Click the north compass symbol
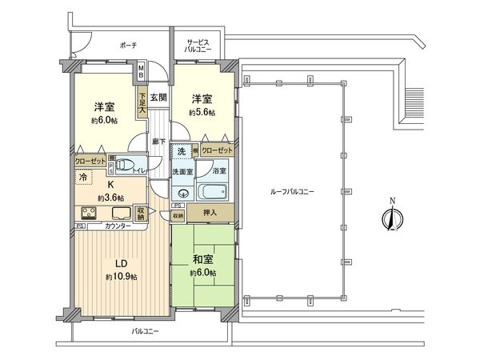[x=390, y=217]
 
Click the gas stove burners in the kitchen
[x=89, y=214]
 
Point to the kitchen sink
[x=121, y=213]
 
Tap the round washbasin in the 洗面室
[x=183, y=193]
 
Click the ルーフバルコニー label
[x=292, y=192]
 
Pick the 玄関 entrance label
[x=158, y=98]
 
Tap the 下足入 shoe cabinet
[x=142, y=102]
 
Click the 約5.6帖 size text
[x=201, y=113]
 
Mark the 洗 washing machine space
[x=181, y=150]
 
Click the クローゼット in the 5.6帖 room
[x=217, y=150]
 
